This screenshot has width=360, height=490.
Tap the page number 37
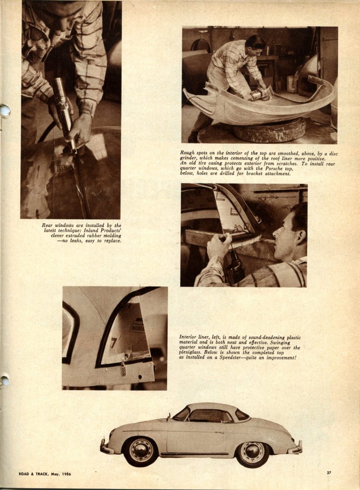(329, 472)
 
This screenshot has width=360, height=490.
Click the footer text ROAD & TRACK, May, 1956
(45, 473)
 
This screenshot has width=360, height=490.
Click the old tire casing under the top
(270, 129)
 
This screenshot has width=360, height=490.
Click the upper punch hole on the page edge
(5, 110)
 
